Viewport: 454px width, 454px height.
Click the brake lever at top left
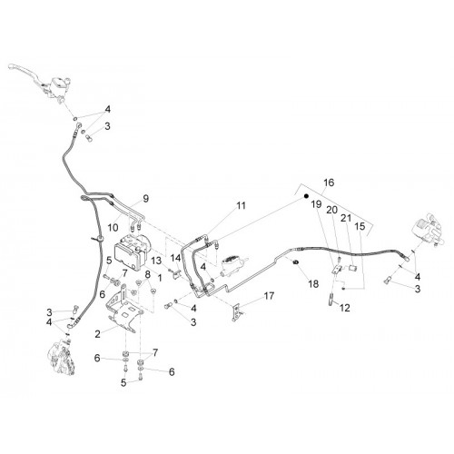27,72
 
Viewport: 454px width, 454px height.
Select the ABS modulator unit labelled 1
133,252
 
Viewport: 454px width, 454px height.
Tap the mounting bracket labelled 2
124,308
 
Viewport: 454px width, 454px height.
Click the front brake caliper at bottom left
62,357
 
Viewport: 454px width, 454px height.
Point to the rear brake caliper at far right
428,229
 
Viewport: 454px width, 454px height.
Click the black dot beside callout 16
306,196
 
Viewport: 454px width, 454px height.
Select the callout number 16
329,183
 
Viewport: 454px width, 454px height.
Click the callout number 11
241,205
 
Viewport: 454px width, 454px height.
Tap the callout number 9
146,199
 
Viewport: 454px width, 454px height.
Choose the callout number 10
113,228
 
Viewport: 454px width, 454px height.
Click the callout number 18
313,283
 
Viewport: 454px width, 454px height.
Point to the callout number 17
269,296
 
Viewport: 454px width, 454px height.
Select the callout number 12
345,308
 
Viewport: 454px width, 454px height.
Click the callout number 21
346,218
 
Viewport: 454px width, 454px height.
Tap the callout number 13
157,261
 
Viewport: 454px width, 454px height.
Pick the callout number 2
97,334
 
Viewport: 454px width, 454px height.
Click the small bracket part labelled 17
237,311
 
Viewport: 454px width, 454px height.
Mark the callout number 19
316,204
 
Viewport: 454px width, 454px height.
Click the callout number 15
360,226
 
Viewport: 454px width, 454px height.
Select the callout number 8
147,274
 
